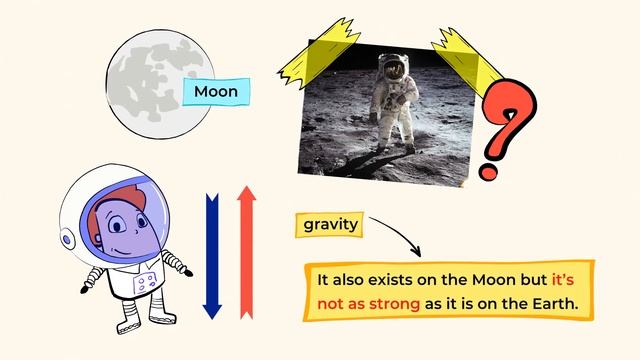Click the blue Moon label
click(x=216, y=92)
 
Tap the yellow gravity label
click(x=330, y=224)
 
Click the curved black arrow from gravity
click(x=395, y=238)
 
